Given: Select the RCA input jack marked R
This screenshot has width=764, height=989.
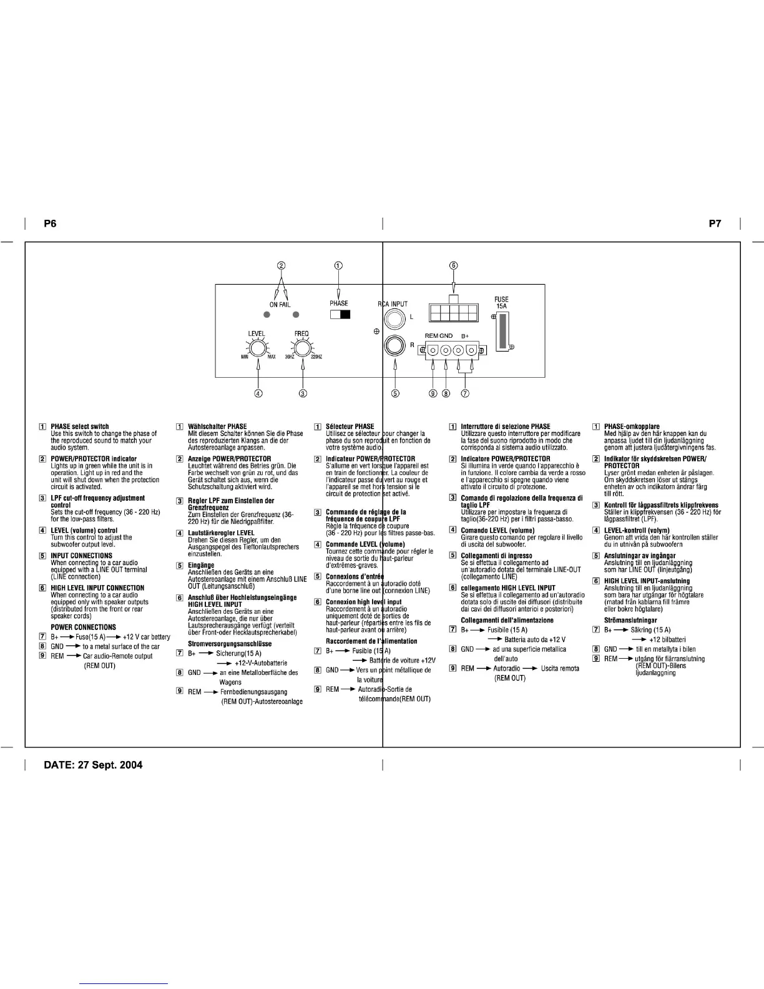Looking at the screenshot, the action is pyautogui.click(x=394, y=345).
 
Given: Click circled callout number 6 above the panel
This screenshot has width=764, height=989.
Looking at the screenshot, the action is pyautogui.click(x=454, y=265).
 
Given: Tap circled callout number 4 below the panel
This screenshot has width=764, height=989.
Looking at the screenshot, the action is pyautogui.click(x=258, y=393).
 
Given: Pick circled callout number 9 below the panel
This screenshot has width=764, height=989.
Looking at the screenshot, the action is pyautogui.click(x=433, y=393).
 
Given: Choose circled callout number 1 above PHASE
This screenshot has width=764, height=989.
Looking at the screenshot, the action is pyautogui.click(x=338, y=265).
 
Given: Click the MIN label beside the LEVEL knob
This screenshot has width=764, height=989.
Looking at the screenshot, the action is pyautogui.click(x=245, y=357).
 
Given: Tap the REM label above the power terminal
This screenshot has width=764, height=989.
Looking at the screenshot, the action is pyautogui.click(x=431, y=336).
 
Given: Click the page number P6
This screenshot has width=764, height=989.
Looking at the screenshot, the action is pyautogui.click(x=50, y=224).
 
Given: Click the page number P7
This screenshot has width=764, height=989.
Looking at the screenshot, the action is pyautogui.click(x=715, y=224).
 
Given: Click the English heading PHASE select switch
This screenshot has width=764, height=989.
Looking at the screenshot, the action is pyautogui.click(x=79, y=426).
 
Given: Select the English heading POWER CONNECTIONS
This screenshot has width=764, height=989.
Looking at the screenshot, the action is pyautogui.click(x=83, y=627).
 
